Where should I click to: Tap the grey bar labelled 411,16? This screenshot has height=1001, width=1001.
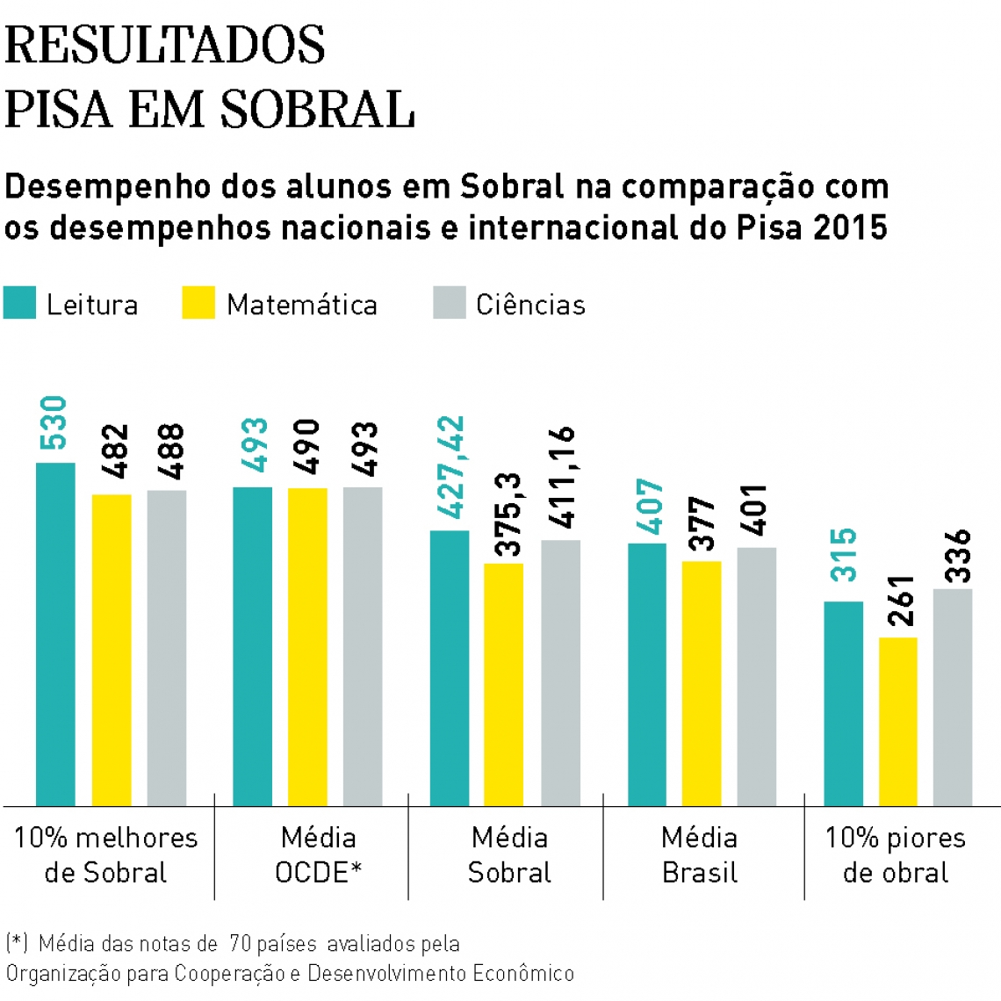click(560, 672)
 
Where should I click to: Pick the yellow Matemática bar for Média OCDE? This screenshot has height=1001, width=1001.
click(307, 645)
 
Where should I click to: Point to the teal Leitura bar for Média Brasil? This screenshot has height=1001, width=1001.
click(647, 673)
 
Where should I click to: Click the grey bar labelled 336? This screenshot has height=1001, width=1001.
click(953, 696)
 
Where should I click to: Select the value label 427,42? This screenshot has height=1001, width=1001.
click(450, 467)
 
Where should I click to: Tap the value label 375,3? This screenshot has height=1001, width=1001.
click(508, 514)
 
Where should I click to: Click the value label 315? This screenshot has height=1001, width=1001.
click(844, 554)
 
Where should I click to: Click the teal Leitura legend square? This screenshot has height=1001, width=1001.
click(19, 303)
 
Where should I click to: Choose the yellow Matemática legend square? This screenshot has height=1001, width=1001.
click(198, 303)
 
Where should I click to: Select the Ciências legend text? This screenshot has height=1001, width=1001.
click(530, 305)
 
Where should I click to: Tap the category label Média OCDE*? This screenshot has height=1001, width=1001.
click(318, 854)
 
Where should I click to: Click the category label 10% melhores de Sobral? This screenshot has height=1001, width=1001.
click(105, 854)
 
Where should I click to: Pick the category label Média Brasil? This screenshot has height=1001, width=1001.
click(699, 854)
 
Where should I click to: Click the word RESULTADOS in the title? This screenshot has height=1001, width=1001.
click(165, 46)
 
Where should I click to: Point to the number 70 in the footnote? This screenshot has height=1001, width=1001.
click(241, 944)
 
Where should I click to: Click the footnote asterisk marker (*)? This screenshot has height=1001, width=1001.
click(17, 944)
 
